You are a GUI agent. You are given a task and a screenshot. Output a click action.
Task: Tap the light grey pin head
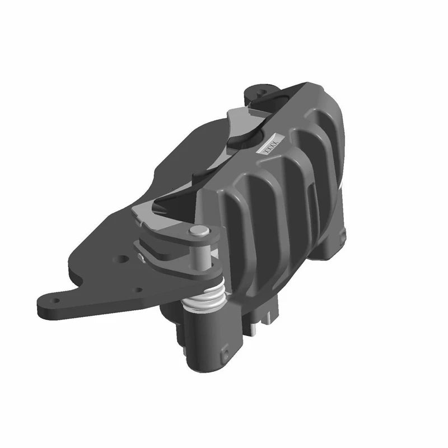pos(197,230)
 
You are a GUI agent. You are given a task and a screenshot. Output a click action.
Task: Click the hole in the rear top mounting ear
pos(261,89)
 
